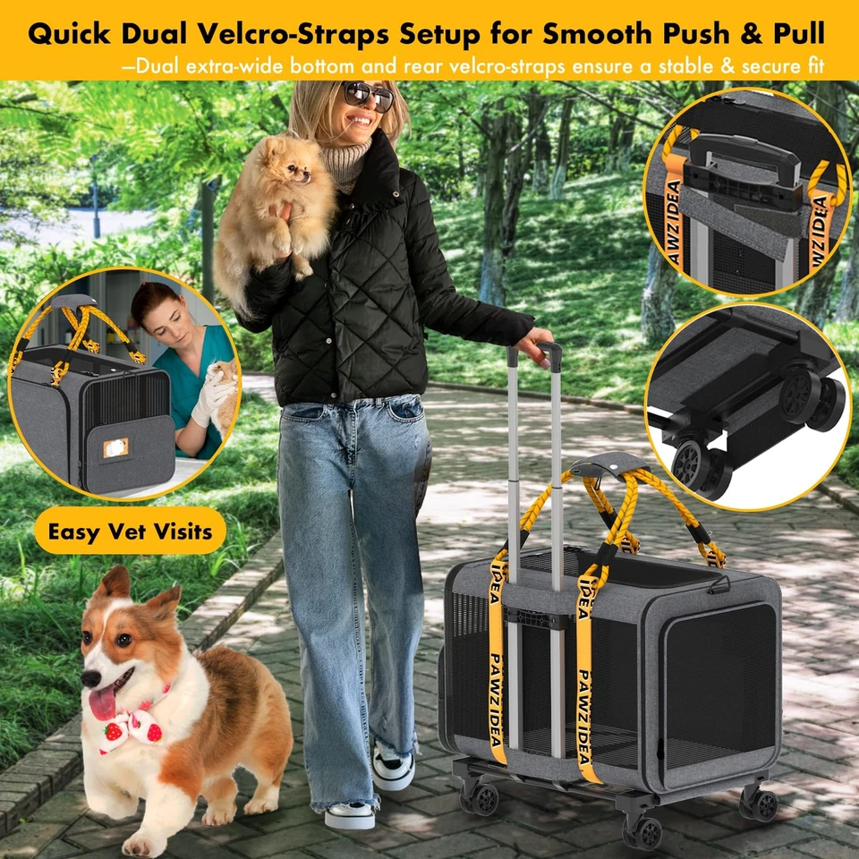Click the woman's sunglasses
368,95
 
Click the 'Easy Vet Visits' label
130,532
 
